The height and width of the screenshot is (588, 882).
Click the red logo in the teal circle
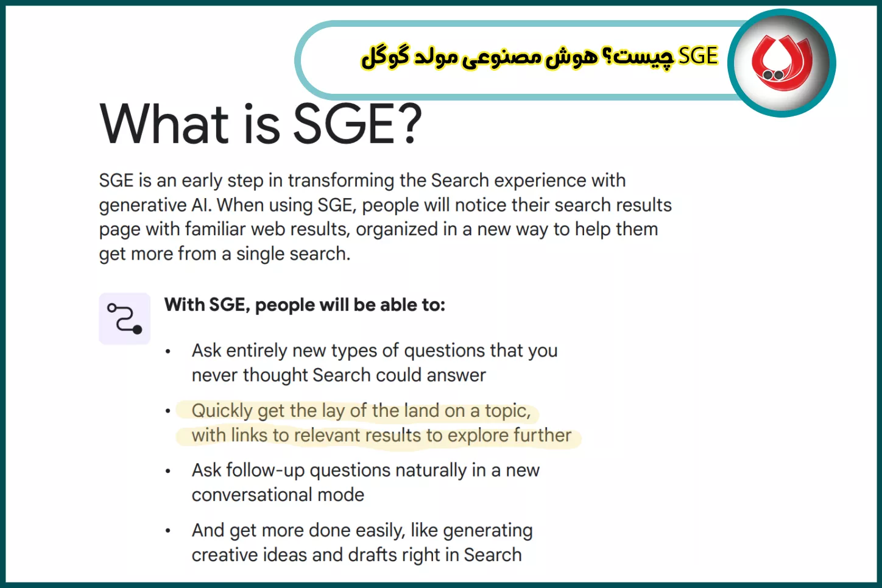pos(781,63)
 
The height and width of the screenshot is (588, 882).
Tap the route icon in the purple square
pos(125,319)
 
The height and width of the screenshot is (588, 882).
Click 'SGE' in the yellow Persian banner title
pos(698,56)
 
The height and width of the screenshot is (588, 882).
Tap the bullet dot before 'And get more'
pos(168,531)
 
